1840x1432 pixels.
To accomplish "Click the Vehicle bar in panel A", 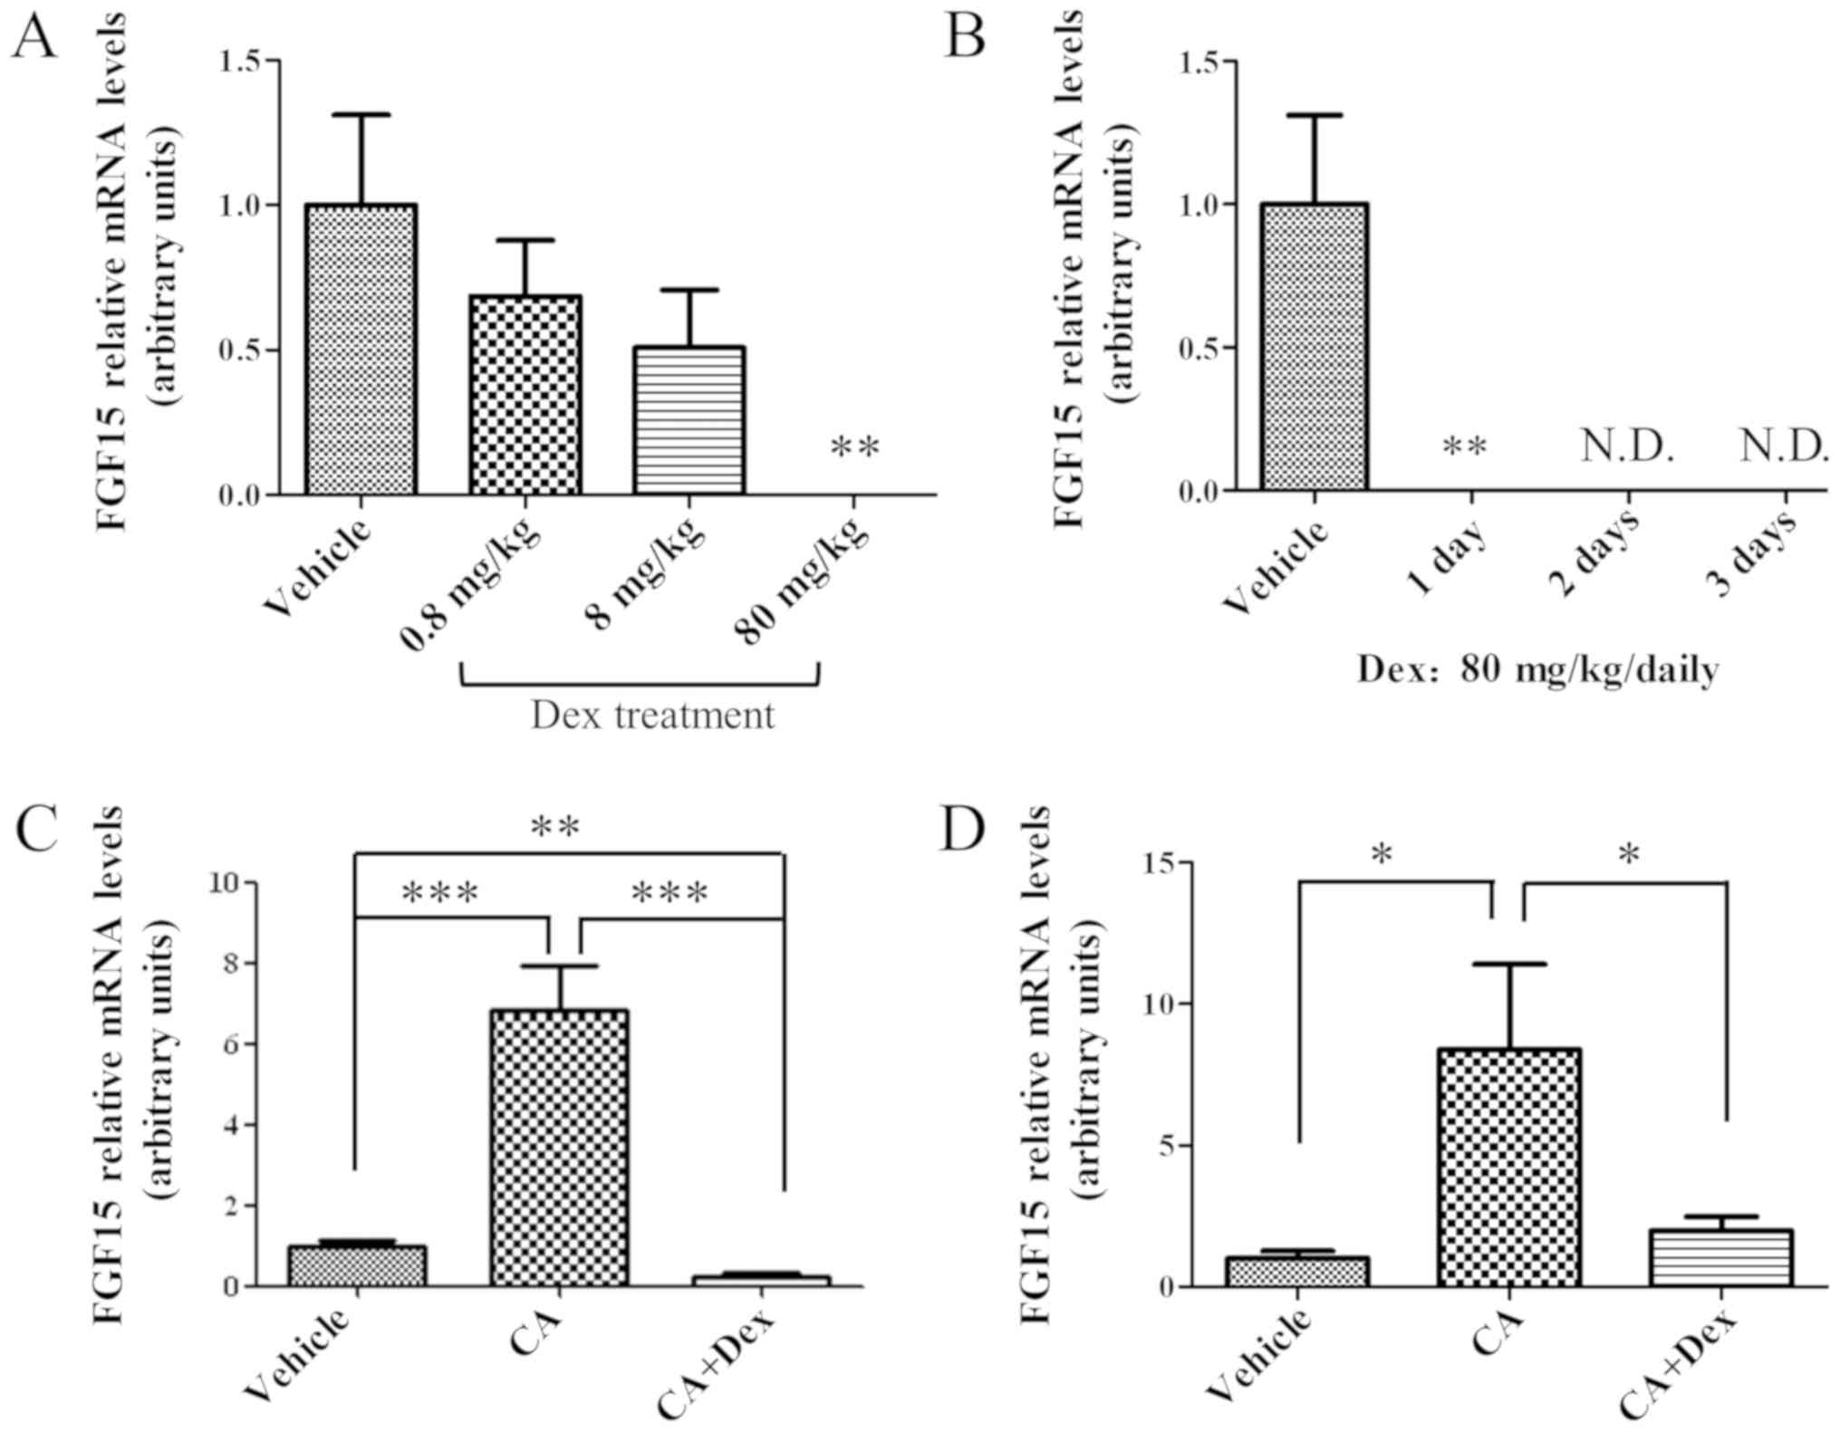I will pos(361,350).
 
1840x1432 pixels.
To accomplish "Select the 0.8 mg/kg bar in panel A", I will pos(525,395).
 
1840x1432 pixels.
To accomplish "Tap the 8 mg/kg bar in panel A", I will pos(689,420).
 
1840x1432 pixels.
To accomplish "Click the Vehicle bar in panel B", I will pos(1314,347).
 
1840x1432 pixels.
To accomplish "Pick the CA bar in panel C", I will pos(559,1148).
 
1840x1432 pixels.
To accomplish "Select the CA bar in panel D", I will pos(1509,1168).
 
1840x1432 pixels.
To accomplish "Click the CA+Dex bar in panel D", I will pos(1721,1258).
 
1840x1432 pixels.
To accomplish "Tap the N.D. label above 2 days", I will pos(1627,447).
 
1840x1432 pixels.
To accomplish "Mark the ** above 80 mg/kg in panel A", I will pos(854,447).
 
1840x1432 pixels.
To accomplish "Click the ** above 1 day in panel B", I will pos(1464,447).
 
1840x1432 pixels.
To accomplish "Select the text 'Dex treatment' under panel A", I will pos(652,716).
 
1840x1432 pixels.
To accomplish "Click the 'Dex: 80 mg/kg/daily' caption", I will pos(1537,670).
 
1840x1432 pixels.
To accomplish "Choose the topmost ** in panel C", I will pos(554,826).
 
